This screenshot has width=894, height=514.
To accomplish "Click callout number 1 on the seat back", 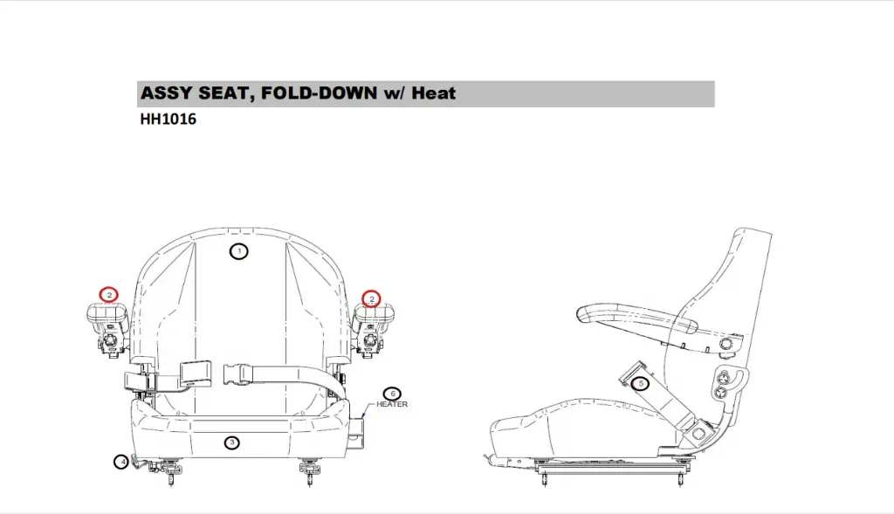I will pyautogui.click(x=238, y=251).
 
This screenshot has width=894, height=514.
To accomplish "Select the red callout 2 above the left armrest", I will pyautogui.click(x=109, y=295).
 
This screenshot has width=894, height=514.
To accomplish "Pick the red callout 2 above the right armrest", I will pyautogui.click(x=372, y=298).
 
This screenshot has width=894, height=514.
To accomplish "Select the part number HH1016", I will pyautogui.click(x=168, y=120).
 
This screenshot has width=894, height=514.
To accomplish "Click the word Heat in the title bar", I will pyautogui.click(x=434, y=93).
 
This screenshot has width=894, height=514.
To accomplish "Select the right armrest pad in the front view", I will pyautogui.click(x=375, y=315).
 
